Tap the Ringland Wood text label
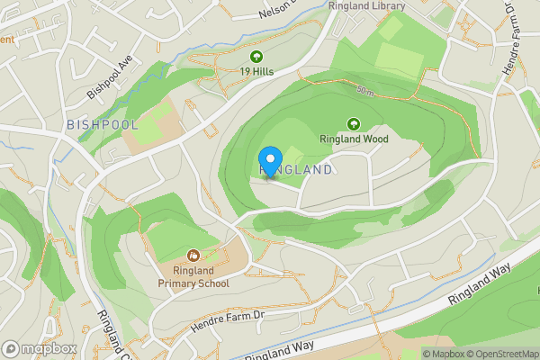[354, 139]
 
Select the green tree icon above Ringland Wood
[353, 124]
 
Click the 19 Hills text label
[256, 71]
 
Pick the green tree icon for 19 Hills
[256, 56]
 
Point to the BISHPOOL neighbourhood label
[103, 124]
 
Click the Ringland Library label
[366, 6]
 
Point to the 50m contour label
[364, 91]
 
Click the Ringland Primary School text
[193, 277]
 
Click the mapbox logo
[40, 348]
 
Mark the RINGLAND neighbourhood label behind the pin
[297, 169]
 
